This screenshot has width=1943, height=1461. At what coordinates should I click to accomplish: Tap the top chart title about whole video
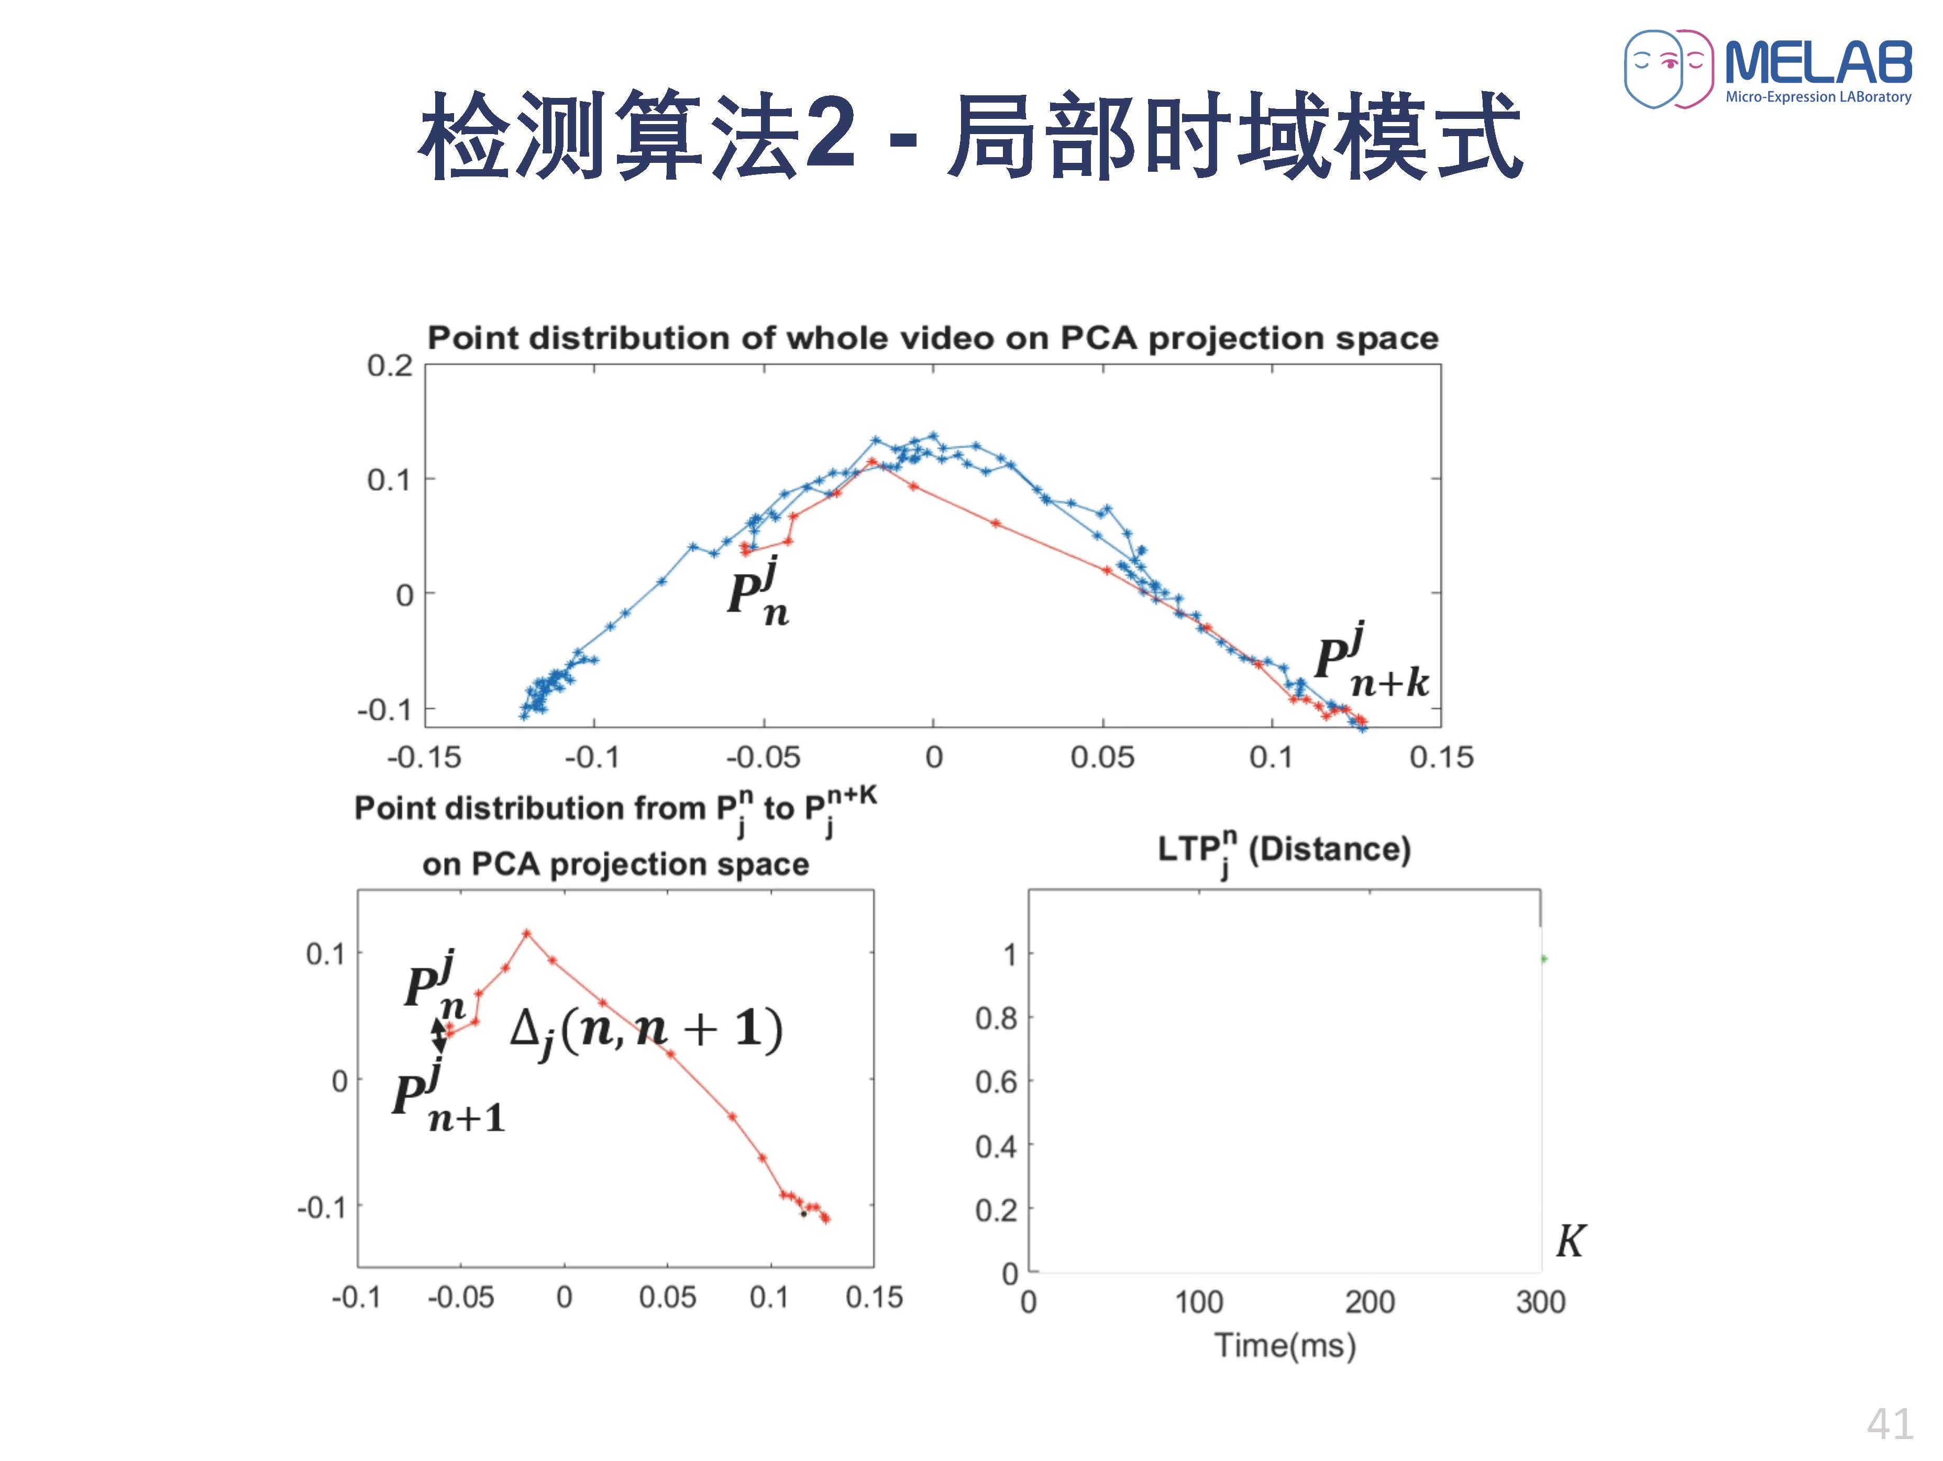(x=932, y=338)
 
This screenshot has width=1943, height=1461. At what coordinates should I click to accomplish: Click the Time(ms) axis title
(x=1285, y=1345)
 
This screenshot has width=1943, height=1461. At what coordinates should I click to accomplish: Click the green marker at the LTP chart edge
(x=1543, y=958)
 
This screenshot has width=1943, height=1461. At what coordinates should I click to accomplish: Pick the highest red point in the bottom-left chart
(x=526, y=933)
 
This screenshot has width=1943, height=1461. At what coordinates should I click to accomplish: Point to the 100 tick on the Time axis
(x=1199, y=1301)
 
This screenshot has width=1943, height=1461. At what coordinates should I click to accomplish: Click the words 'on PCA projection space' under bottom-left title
(x=616, y=865)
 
